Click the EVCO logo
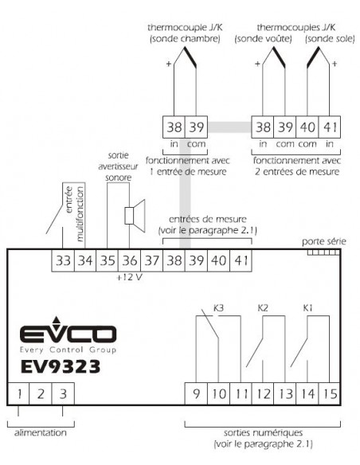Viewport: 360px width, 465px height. coord(68,335)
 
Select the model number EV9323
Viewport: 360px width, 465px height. coord(61,366)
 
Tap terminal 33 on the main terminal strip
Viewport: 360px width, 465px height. coord(63,260)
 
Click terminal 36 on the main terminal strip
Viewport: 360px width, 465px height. coord(130,260)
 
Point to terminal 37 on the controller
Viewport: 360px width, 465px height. coord(152,260)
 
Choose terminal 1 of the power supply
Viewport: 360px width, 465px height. coord(18,394)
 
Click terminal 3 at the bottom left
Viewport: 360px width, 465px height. coord(63,394)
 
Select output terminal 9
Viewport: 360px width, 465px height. coord(196,394)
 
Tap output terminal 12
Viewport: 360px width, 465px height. coord(263,394)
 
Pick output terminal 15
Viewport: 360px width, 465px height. coord(330,394)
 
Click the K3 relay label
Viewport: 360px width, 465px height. coord(218,308)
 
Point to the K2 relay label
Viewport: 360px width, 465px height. coord(263,308)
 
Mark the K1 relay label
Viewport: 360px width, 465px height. coord(307,308)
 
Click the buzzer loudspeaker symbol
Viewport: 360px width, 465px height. coord(135,216)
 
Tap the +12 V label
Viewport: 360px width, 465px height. coord(129,277)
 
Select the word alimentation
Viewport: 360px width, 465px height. coord(41,432)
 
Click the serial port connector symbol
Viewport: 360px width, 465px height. coord(323,252)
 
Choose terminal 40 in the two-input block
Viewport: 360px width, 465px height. coord(307,127)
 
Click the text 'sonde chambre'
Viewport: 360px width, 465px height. coord(186,39)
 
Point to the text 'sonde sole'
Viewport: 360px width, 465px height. coord(330,39)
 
